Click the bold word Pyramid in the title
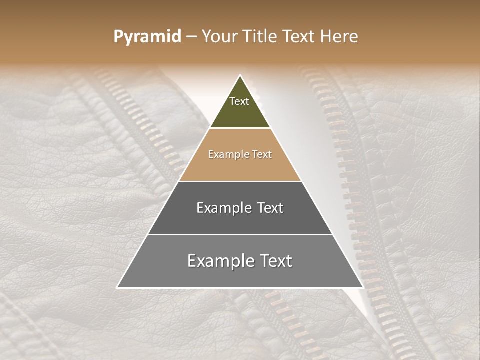click(x=147, y=37)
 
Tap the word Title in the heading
click(x=263, y=37)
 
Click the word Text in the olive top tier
click(x=239, y=101)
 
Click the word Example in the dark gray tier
click(x=218, y=208)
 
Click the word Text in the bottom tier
click(x=274, y=261)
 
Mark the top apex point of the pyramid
click(x=240, y=75)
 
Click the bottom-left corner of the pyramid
click(x=117, y=288)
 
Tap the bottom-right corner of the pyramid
click(x=363, y=288)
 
